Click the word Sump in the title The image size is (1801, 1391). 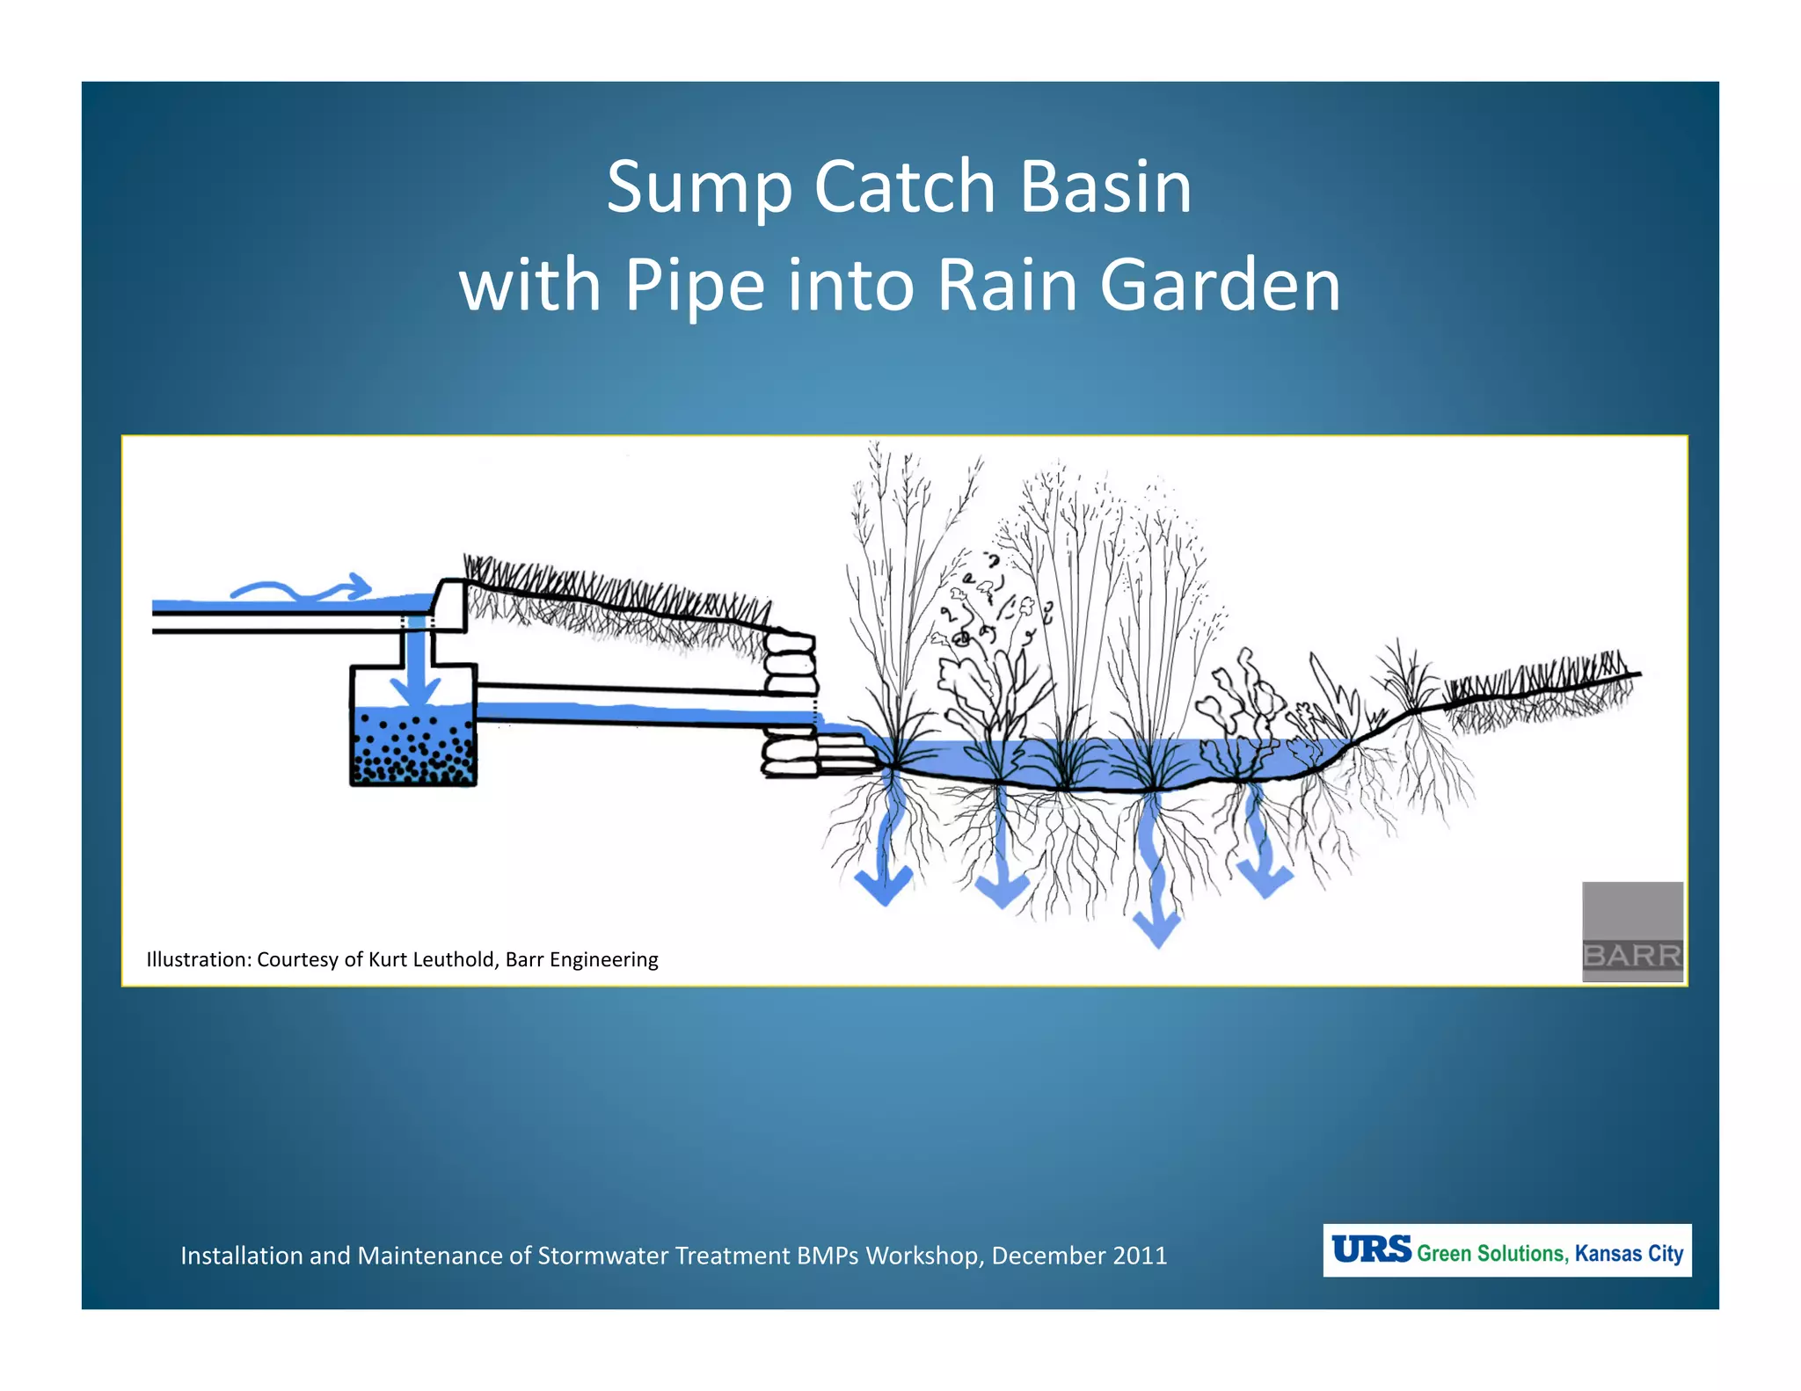pos(700,189)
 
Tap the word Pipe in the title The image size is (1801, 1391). pos(695,286)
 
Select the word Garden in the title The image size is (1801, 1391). pos(1220,286)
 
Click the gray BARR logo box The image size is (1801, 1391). pos(1632,931)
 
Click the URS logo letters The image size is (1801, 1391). pos(1370,1249)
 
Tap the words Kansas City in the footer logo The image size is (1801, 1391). pos(1629,1253)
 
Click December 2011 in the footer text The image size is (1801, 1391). pos(1079,1256)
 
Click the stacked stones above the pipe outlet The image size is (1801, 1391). pos(789,664)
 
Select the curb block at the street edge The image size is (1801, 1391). pos(451,605)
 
